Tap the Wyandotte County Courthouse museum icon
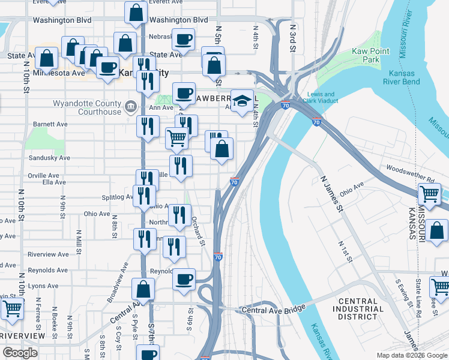tap(130, 108)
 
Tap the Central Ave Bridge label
tap(274, 310)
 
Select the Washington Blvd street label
tap(62, 20)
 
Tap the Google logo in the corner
tap(20, 353)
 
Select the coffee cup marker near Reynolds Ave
tap(184, 278)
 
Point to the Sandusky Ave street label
tap(50, 158)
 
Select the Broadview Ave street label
tap(119, 282)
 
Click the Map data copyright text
tap(411, 355)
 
